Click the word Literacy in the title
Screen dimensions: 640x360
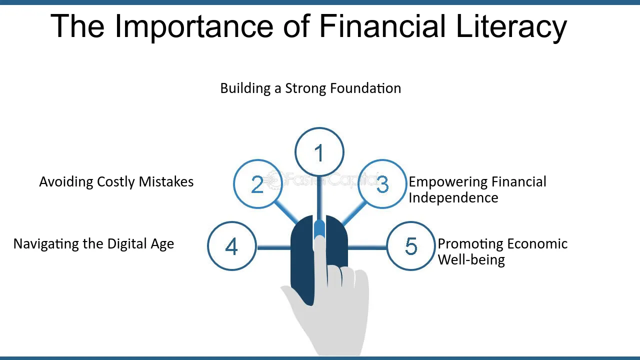[511, 26]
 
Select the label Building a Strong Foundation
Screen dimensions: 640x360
[310, 88]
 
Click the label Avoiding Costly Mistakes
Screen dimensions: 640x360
[116, 182]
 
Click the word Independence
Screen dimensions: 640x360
[453, 197]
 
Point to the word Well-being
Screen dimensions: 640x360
[471, 260]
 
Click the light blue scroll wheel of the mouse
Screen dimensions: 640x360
[319, 229]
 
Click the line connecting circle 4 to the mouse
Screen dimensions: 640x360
[273, 247]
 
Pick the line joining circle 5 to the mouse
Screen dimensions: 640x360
[367, 247]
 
